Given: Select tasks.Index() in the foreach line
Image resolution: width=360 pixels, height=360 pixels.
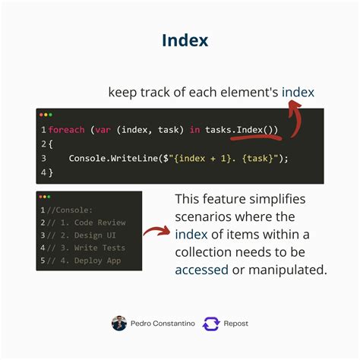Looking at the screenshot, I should click(241, 130).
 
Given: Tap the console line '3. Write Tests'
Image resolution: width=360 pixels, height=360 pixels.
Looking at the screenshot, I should click(88, 248).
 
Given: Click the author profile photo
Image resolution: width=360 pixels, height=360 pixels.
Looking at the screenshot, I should click(119, 323).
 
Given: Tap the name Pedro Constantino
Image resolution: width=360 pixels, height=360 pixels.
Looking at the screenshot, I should click(162, 324).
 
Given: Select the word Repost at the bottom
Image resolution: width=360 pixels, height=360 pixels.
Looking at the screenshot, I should click(236, 324).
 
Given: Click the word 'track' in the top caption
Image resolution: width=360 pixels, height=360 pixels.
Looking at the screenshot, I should click(153, 93).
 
